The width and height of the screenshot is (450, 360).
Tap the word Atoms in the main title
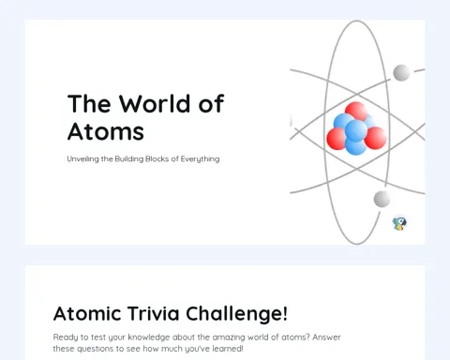(106, 131)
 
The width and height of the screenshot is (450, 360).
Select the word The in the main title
(89, 103)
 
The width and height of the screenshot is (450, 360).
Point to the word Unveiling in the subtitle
(82, 158)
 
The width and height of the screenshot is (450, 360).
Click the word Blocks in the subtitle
(157, 158)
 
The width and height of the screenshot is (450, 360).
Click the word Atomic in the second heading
(87, 313)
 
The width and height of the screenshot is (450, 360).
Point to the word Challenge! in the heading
(236, 313)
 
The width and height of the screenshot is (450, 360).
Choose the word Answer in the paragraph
(326, 337)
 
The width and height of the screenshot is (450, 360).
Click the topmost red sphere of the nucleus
(356, 111)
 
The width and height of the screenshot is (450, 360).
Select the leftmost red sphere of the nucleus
(337, 139)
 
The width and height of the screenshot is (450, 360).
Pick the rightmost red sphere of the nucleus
(376, 138)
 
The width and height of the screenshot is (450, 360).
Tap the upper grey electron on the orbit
(401, 72)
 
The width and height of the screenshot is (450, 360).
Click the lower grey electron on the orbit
(382, 199)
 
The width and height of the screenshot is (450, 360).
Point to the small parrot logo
(399, 224)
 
